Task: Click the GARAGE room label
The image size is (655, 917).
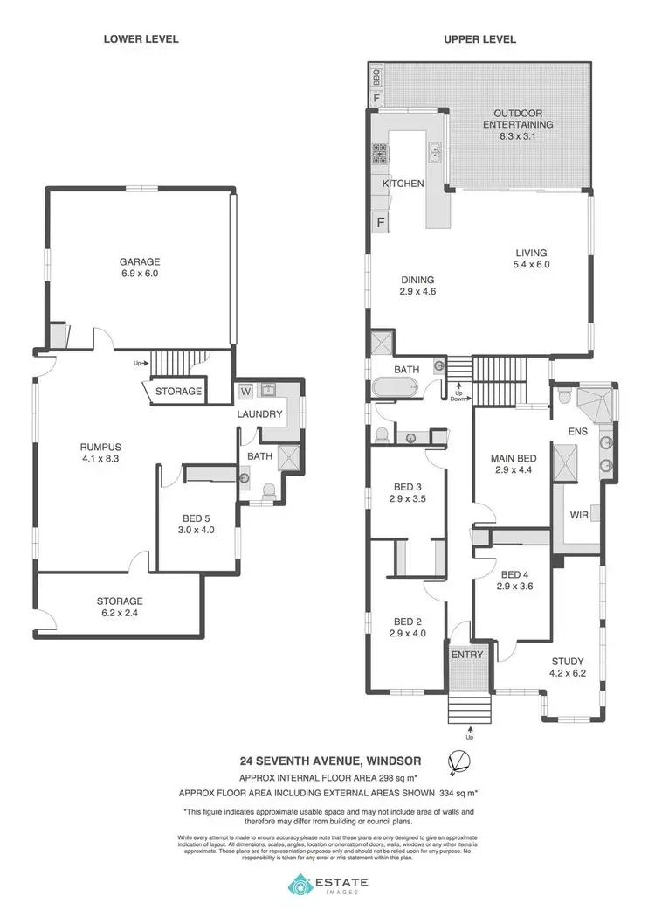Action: coord(140,261)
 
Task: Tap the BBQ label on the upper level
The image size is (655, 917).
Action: coord(376,76)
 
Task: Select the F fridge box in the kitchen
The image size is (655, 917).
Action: coord(380,223)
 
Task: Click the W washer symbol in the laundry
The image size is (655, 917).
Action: coord(245,392)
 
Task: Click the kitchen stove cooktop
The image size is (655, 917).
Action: coord(381,156)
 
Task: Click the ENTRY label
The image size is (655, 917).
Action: coord(467,655)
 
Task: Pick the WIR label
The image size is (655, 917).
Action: coord(578,515)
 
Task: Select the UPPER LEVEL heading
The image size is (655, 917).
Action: coord(479,39)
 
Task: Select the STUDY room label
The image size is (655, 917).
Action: coord(568,662)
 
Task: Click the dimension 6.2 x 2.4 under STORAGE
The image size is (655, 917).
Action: coord(120,613)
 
